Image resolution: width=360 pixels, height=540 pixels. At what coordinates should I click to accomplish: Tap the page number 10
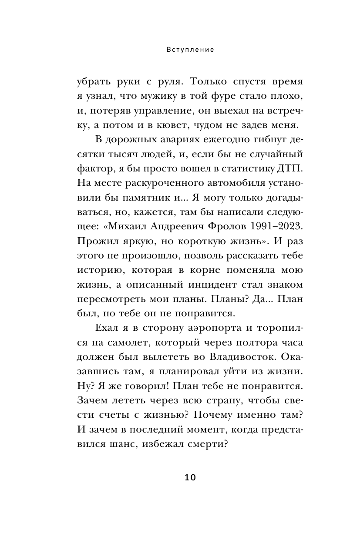coord(190,477)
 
